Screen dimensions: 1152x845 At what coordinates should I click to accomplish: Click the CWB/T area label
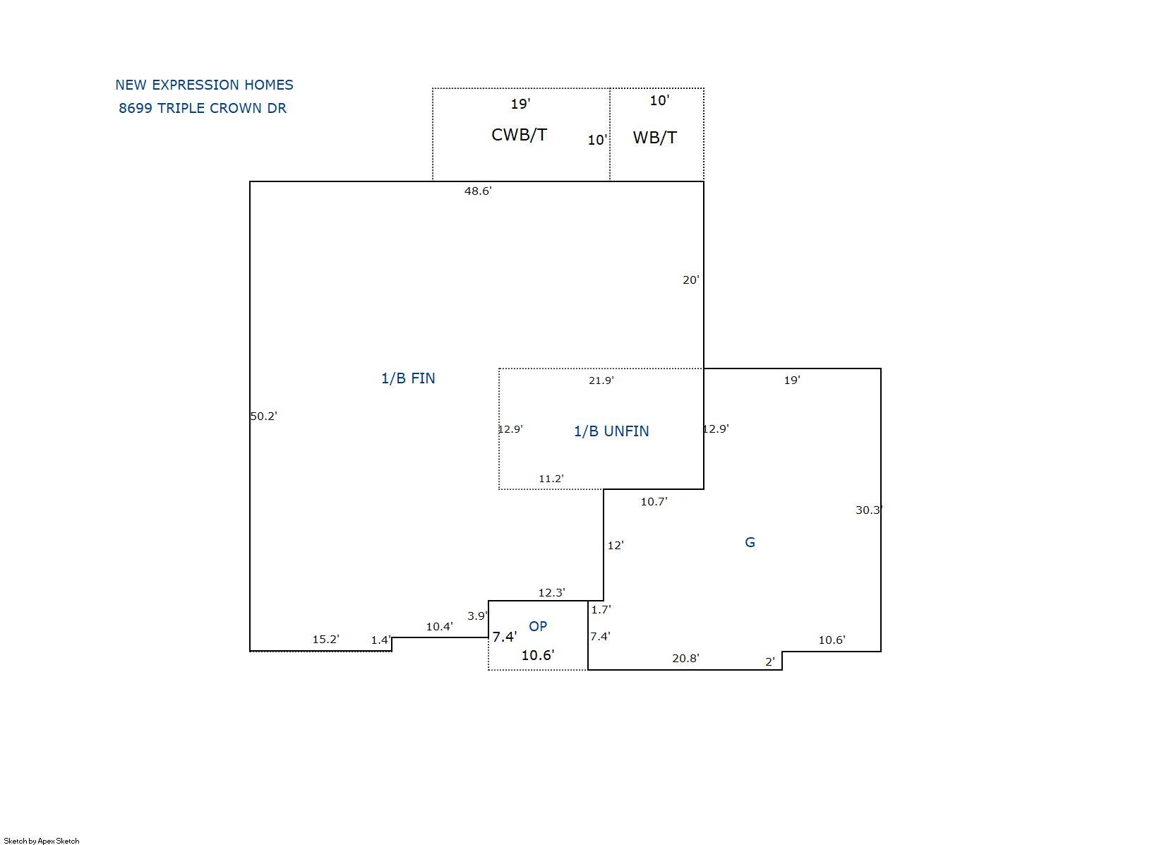tap(519, 135)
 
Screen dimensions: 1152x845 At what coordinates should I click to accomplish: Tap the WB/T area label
tap(654, 138)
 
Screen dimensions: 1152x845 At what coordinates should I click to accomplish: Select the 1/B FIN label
tap(408, 378)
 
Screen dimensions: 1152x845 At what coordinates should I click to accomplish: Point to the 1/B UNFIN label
tap(611, 431)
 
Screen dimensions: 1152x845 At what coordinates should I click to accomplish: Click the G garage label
tap(750, 542)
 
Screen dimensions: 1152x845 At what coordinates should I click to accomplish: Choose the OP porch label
tap(538, 626)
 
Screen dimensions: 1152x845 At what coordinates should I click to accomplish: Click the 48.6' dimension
tap(478, 191)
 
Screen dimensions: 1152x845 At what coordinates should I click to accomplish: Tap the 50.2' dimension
tap(263, 416)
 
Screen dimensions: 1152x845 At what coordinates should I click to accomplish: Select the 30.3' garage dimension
tap(869, 510)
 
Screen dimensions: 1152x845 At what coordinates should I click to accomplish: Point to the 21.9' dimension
tap(601, 380)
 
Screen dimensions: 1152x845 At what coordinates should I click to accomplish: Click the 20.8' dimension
tap(685, 659)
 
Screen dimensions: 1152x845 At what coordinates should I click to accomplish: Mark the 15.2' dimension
tap(325, 640)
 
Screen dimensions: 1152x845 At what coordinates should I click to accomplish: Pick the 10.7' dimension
tap(654, 501)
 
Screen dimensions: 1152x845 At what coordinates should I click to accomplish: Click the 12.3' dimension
tap(551, 592)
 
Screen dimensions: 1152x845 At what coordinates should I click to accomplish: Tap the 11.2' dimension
tap(551, 479)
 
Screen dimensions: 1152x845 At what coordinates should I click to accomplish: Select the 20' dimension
tap(690, 280)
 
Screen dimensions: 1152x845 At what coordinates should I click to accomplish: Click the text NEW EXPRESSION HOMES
tap(204, 85)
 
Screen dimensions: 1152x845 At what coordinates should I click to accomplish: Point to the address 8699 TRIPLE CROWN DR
tap(203, 108)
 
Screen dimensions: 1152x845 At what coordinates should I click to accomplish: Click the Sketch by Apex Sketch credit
tap(42, 841)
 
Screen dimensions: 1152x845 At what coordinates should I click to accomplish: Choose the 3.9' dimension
tap(477, 616)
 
